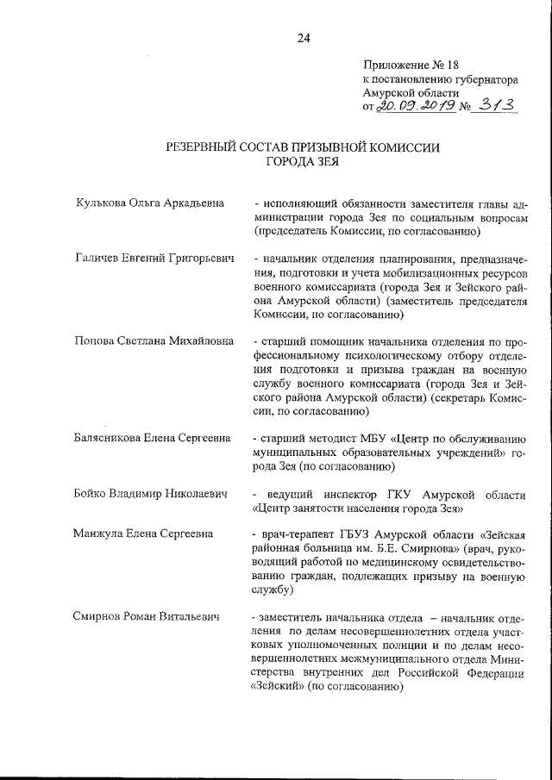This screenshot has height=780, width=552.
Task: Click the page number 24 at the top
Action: pyautogui.click(x=303, y=37)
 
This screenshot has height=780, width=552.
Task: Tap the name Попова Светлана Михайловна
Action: pyautogui.click(x=154, y=340)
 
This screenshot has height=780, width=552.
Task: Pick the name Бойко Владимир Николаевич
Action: pyautogui.click(x=152, y=494)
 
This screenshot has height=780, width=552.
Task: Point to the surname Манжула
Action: pyautogui.click(x=102, y=535)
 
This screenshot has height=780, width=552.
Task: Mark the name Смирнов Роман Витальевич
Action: pyautogui.click(x=147, y=617)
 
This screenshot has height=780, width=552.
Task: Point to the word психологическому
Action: pyautogui.click(x=370, y=354)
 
